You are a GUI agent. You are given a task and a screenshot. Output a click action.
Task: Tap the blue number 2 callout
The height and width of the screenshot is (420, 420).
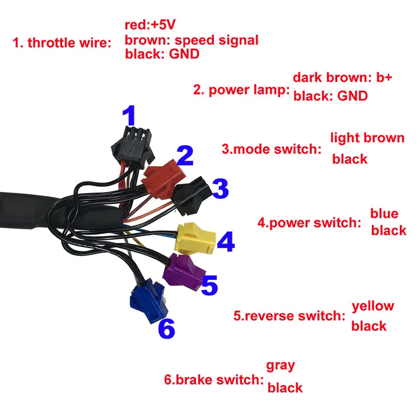pos(185,156)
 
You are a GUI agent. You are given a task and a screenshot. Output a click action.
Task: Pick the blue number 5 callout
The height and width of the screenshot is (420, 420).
pos(208,284)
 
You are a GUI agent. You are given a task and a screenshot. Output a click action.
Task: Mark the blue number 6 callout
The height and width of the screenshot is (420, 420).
pos(166,328)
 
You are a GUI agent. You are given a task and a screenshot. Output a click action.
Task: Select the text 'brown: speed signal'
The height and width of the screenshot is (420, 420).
pos(192,40)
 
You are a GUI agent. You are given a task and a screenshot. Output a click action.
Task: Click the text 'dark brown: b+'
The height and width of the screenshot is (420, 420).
pos(343,77)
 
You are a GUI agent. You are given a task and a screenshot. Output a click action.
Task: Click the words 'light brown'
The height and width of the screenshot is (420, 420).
pos(367,138)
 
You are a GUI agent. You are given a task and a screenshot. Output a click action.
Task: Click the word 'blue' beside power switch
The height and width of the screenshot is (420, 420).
pos(384,213)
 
